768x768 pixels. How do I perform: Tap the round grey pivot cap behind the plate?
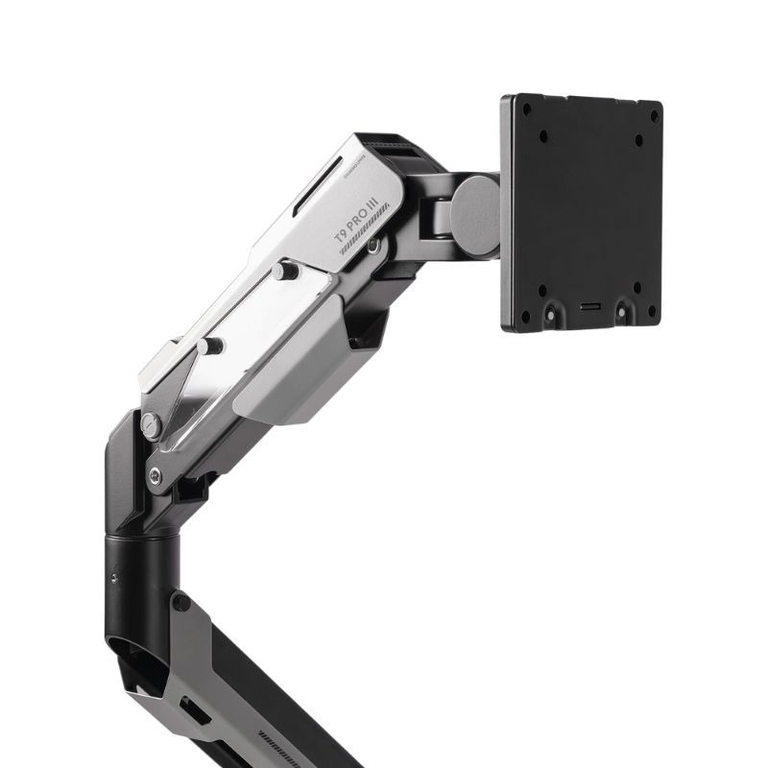(475, 215)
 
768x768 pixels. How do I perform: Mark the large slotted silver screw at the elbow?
(150, 424)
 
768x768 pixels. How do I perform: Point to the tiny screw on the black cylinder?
(114, 578)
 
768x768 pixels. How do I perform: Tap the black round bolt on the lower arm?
(180, 603)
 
